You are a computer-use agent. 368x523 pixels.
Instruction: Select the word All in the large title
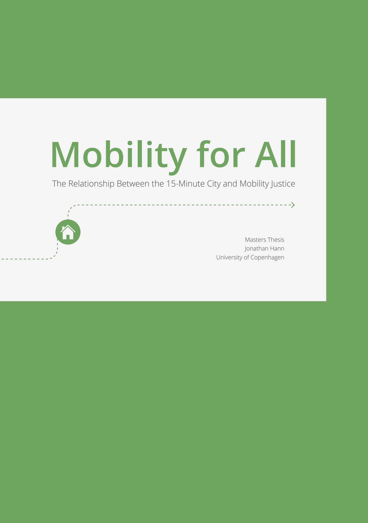pyautogui.click(x=276, y=155)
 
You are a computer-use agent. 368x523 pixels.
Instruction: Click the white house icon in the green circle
pyautogui.click(x=68, y=232)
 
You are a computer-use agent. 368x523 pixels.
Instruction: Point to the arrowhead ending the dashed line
pyautogui.click(x=293, y=205)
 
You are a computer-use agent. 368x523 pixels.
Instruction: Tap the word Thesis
pyautogui.click(x=276, y=240)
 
